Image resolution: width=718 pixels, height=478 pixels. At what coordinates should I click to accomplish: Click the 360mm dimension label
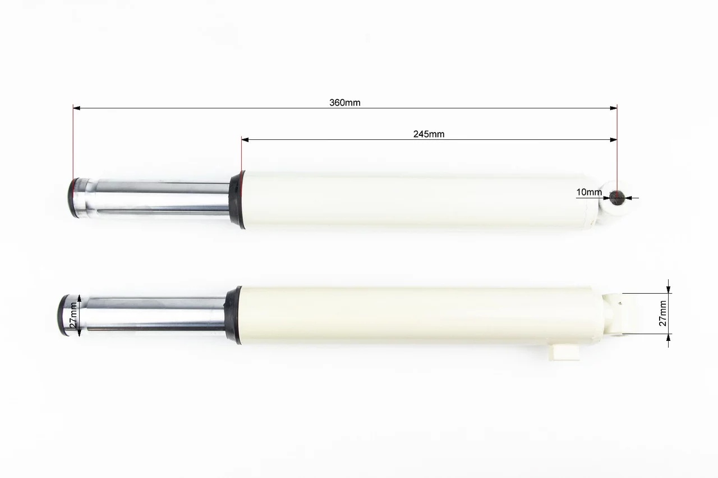tap(345, 102)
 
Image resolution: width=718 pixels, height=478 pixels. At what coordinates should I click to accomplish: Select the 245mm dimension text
tap(429, 134)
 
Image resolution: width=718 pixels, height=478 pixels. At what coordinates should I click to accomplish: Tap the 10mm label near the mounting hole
tap(589, 192)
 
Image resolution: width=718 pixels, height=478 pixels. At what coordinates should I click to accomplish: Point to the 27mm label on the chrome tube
tap(73, 315)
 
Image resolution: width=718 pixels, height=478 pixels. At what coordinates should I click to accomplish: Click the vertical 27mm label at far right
tap(663, 313)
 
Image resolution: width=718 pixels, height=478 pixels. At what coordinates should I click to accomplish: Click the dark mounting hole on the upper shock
tap(616, 198)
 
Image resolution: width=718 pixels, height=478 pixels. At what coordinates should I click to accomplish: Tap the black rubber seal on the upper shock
tap(237, 199)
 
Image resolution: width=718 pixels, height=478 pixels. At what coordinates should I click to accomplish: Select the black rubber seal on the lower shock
tap(233, 315)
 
